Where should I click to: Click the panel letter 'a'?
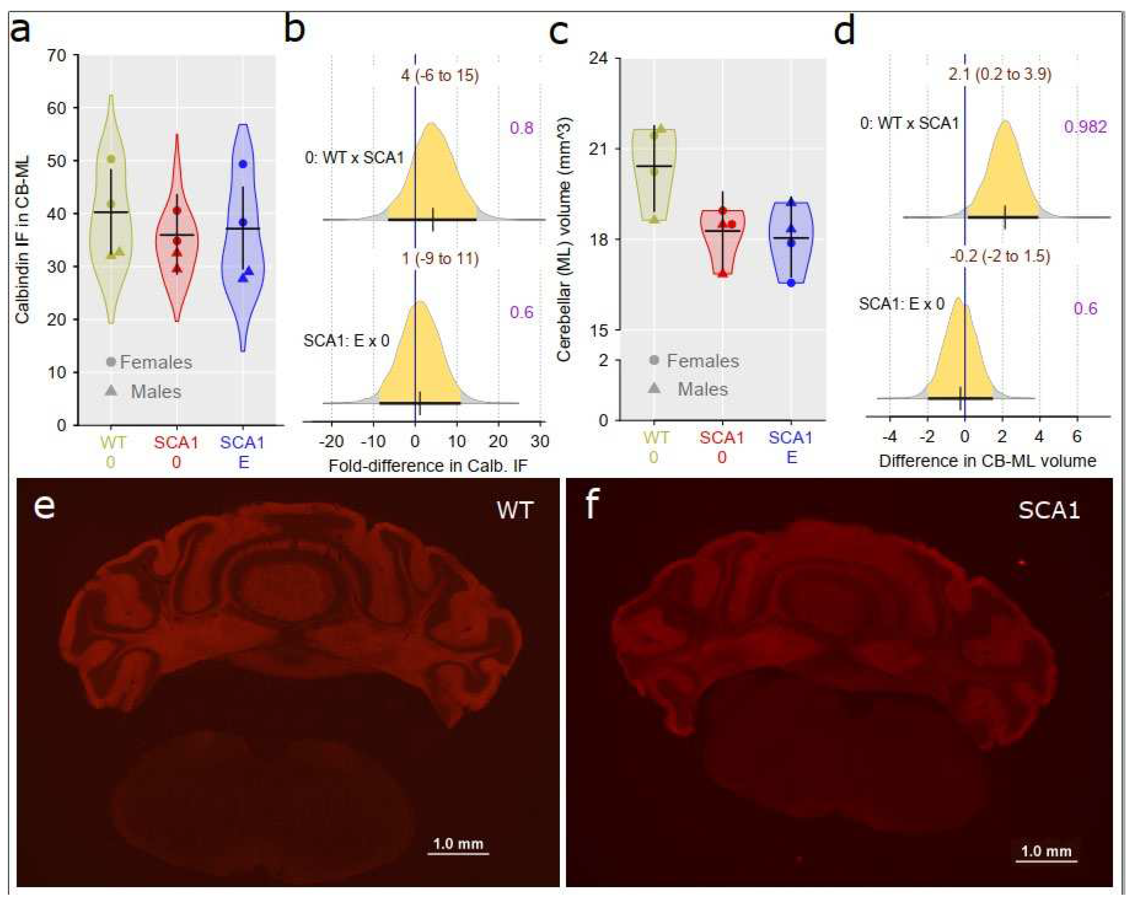(x=20, y=30)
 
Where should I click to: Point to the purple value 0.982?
(x=1085, y=127)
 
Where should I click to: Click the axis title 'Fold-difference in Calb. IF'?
(x=427, y=466)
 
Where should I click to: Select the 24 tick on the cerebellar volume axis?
(x=599, y=58)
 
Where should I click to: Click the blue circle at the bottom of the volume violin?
(x=791, y=283)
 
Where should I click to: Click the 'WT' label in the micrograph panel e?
(x=515, y=510)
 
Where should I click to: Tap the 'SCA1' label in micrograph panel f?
(x=1049, y=510)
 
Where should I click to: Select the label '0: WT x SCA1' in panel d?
(x=909, y=124)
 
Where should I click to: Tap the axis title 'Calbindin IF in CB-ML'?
(x=22, y=239)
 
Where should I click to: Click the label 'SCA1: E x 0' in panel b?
(x=347, y=341)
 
